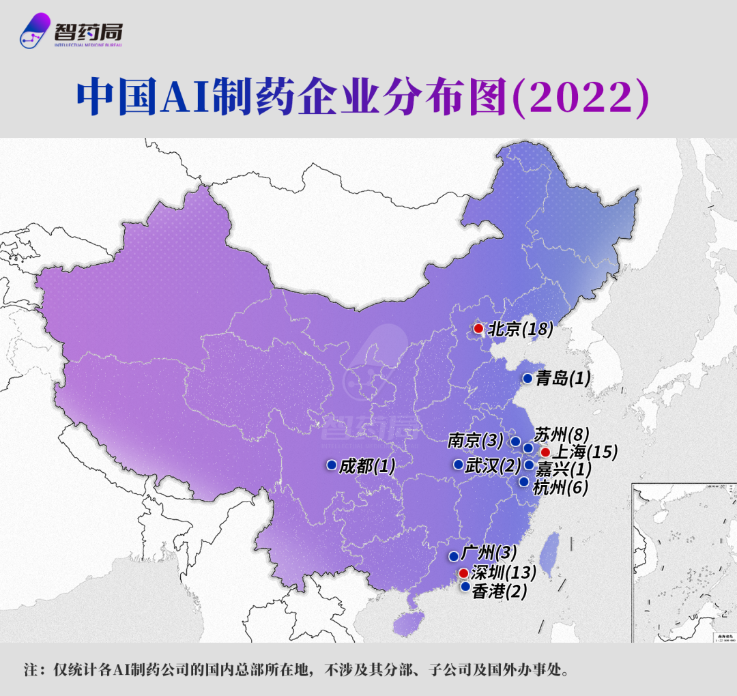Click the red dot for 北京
coord(478,329)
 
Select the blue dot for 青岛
coord(528,378)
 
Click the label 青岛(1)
coord(562,379)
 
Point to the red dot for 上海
coord(545,452)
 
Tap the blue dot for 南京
coord(515,441)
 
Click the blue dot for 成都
coord(331,465)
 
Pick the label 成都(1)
coord(367,466)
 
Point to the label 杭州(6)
coord(560,487)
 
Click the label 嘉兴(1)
coord(563,469)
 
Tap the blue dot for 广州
coord(454,555)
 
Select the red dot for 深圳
coord(463,572)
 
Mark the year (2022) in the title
coord(579,98)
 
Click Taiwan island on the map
coord(551,550)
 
